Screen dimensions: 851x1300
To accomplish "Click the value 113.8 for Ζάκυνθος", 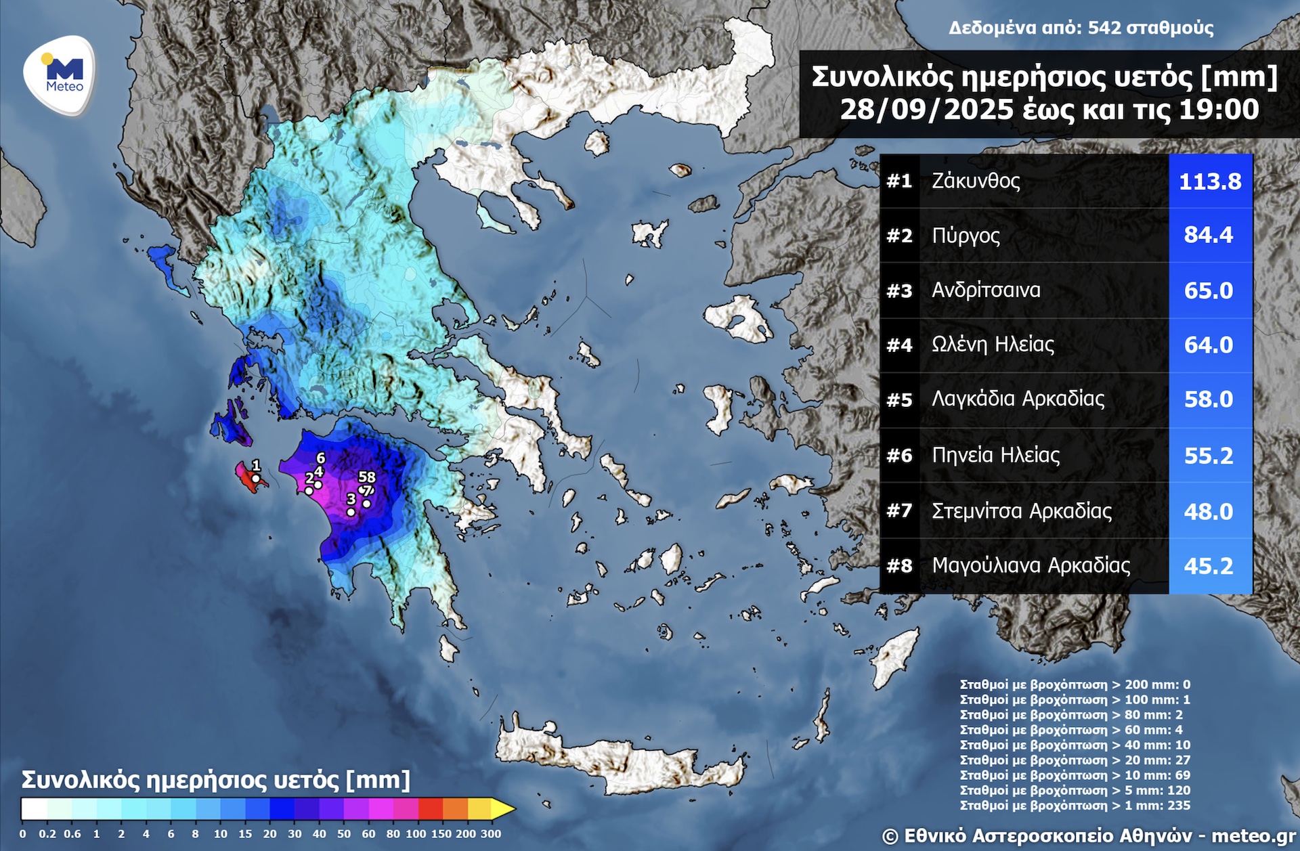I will click(x=1210, y=181).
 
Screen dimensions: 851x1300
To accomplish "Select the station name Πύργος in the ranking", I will click(x=966, y=236).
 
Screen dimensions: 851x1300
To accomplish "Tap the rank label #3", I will click(x=899, y=290).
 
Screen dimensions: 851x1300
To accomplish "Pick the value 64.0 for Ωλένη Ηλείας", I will click(x=1209, y=345).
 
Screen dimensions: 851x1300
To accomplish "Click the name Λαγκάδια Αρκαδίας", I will click(x=1018, y=399).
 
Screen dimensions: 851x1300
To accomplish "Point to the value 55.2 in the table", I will click(x=1209, y=456).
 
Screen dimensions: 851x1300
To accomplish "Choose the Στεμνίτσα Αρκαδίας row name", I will click(x=1021, y=510).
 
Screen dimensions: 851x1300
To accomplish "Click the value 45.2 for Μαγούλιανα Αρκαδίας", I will click(x=1209, y=566).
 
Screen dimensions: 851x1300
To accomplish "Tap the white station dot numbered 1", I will click(x=256, y=479).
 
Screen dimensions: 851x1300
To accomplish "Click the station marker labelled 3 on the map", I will click(x=351, y=512).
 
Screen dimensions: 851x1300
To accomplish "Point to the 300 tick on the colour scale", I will click(x=491, y=834).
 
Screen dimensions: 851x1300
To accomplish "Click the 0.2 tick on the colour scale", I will click(x=47, y=834).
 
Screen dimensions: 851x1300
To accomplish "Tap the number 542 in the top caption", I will click(x=1104, y=28).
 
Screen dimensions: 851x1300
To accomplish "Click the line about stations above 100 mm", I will click(x=1075, y=699).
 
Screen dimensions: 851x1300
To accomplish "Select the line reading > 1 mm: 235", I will click(x=1075, y=806).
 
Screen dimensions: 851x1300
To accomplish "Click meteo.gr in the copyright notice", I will click(x=1253, y=836).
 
